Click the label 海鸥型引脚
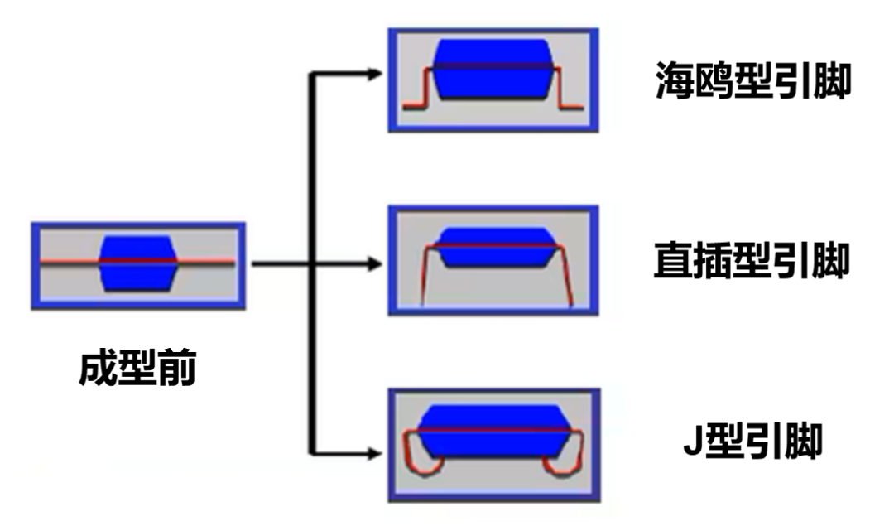point(752,81)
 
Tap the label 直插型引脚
point(751,261)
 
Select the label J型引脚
point(752,442)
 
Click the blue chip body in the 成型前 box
point(137,262)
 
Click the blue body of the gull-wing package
point(493,69)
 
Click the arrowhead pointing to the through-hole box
point(376,264)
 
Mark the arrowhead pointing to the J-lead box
point(376,452)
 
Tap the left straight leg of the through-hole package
point(422,277)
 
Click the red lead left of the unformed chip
point(70,263)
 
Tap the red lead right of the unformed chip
point(205,263)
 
